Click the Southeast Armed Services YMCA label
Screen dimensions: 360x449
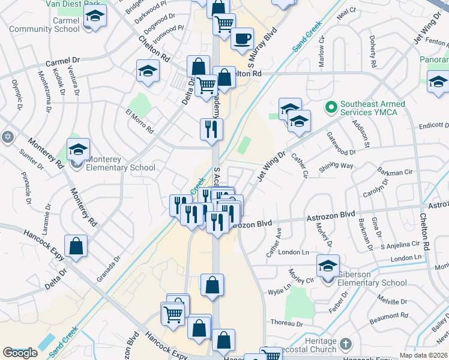[372, 108]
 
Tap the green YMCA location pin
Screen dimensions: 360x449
[329, 108]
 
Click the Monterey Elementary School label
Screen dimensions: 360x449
[120, 163]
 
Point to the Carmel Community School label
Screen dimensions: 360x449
[45, 25]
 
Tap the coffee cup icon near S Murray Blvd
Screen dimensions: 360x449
[242, 39]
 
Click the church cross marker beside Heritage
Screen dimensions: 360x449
[345, 344]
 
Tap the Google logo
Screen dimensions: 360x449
[20, 353]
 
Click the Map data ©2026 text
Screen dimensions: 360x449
[423, 355]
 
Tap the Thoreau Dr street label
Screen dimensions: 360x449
[284, 323]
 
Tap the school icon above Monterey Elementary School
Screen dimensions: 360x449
[78, 149]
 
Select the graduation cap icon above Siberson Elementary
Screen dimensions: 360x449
[328, 265]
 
